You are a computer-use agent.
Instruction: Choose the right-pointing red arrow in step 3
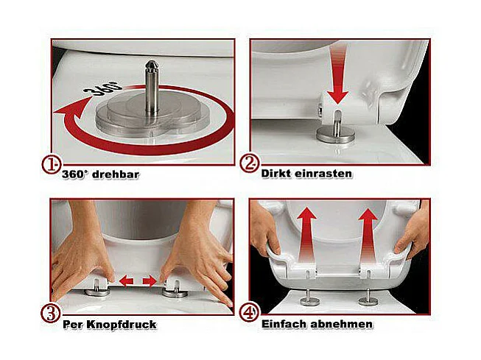tap(150, 280)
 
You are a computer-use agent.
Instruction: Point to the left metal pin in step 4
tap(310, 297)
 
